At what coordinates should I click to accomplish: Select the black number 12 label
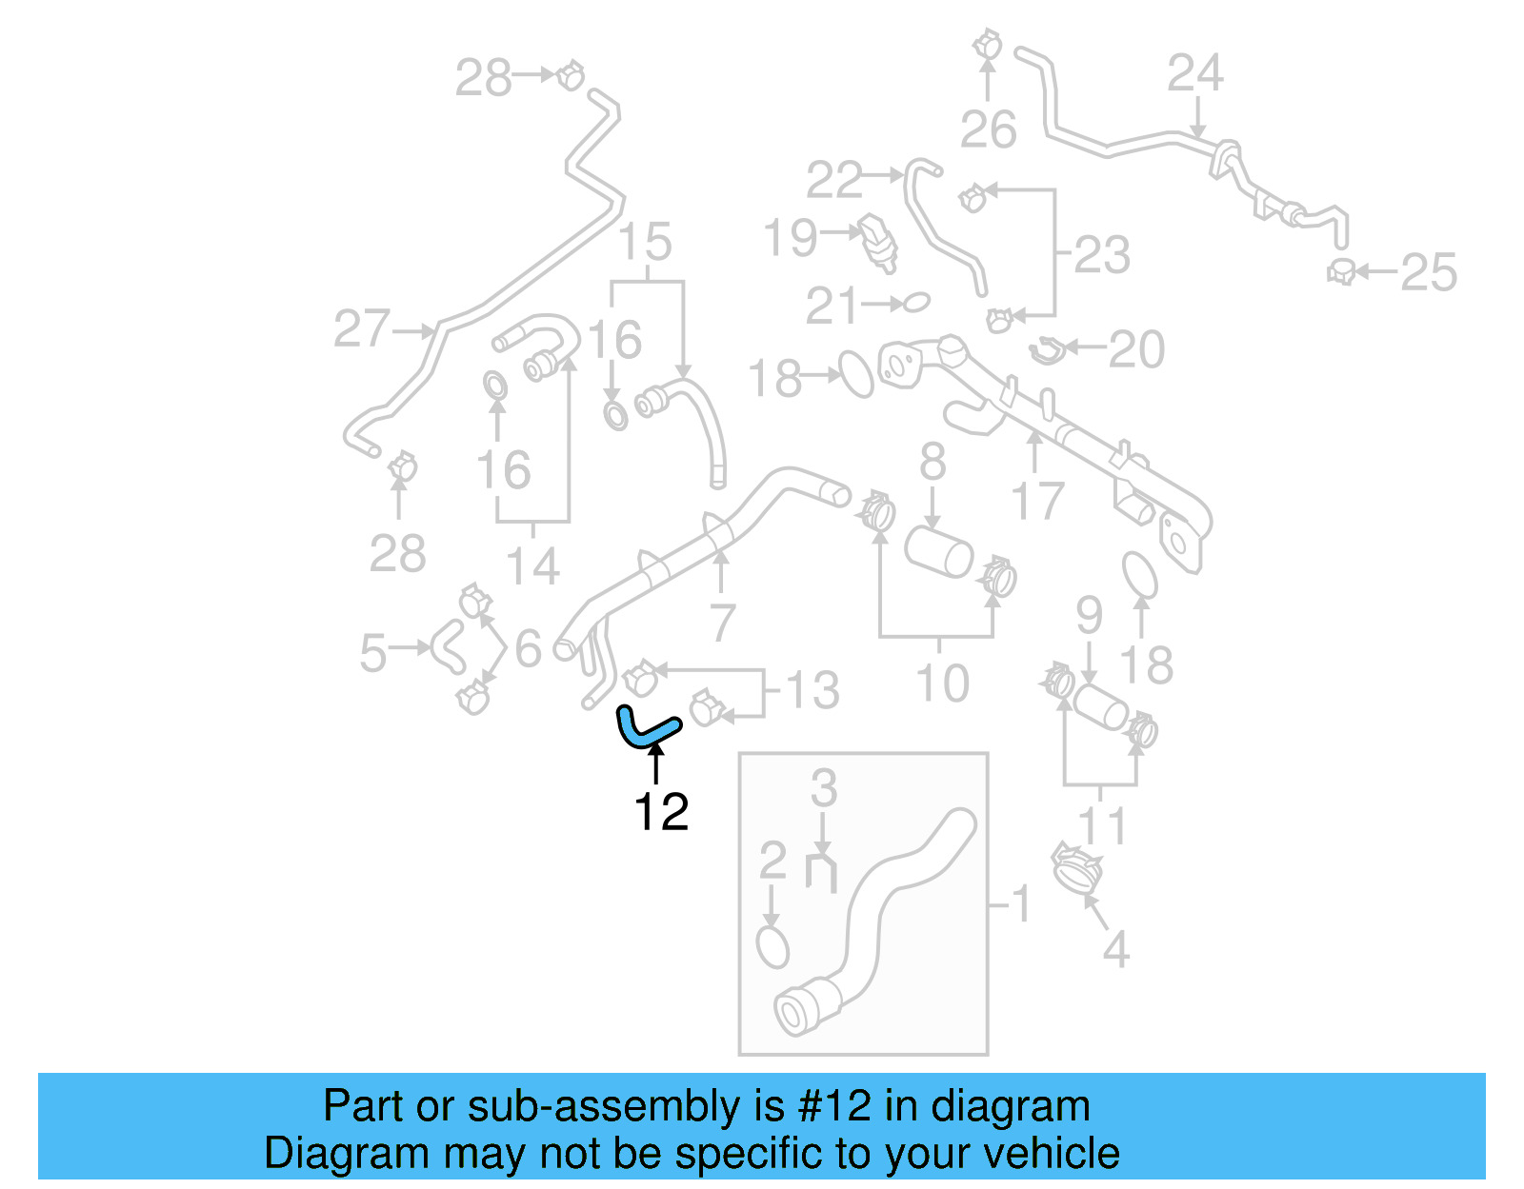click(661, 812)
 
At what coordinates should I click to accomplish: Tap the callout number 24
click(1195, 73)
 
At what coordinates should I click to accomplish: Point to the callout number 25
click(1429, 273)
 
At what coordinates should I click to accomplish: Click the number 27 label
click(362, 329)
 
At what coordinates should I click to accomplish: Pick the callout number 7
click(723, 623)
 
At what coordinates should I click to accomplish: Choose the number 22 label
click(833, 181)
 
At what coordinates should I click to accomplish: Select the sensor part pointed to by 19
click(878, 241)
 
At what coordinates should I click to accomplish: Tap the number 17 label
click(1036, 502)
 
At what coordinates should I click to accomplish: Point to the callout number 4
click(1115, 949)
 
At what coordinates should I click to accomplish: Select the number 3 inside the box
click(824, 788)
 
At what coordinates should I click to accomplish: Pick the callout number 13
click(812, 690)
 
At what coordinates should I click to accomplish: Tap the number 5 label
click(373, 653)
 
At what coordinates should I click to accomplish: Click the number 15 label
click(646, 243)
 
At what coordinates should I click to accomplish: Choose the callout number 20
click(1136, 349)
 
